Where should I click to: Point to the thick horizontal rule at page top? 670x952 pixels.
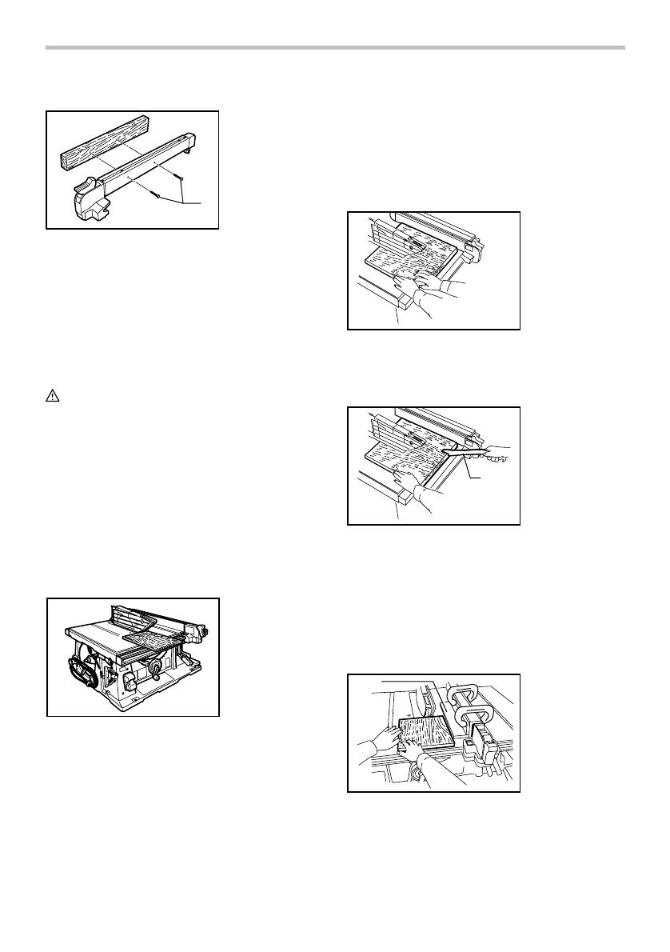(335, 49)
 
